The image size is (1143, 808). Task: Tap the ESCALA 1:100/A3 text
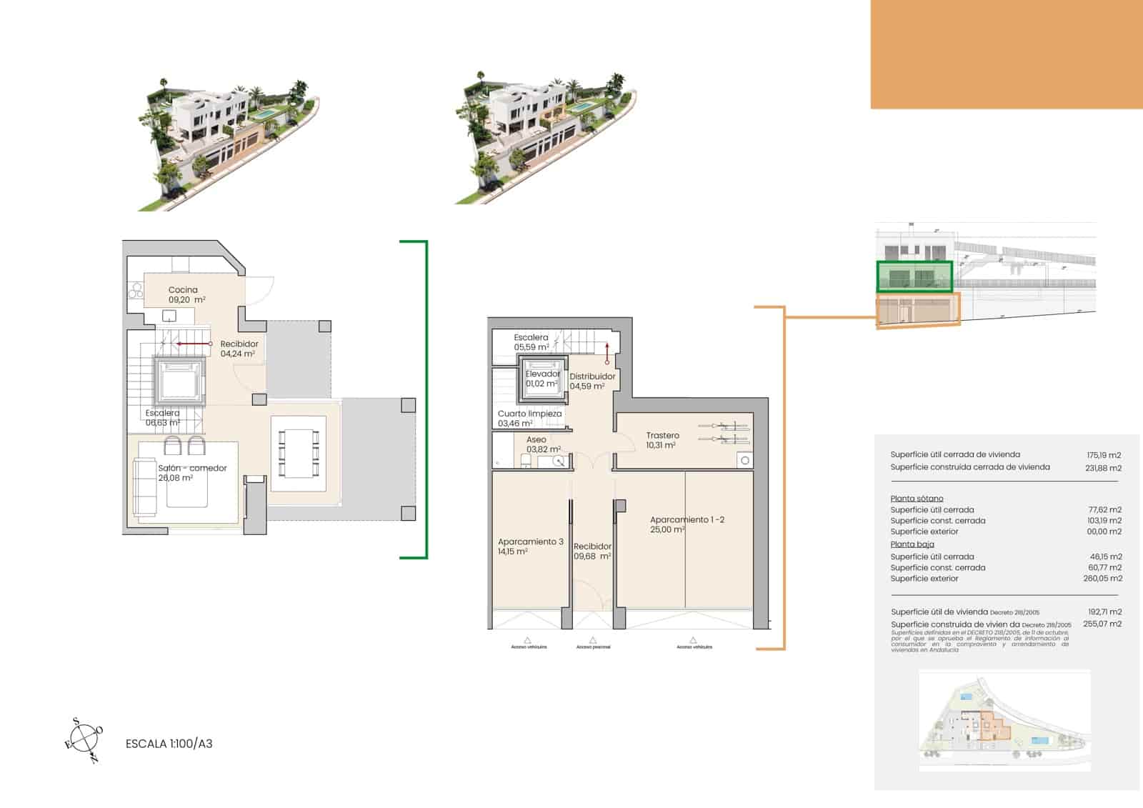pos(169,744)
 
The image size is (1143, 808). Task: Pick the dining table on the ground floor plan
pos(298,454)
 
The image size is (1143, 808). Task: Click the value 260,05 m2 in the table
pos(1102,579)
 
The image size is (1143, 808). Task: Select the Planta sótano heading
pos(917,499)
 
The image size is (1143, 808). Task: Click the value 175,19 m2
pos(1104,455)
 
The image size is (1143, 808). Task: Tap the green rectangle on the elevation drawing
pos(914,276)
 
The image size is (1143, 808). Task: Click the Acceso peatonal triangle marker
pos(593,641)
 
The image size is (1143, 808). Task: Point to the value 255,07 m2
pos(1102,624)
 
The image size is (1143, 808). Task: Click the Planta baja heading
pos(912,544)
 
